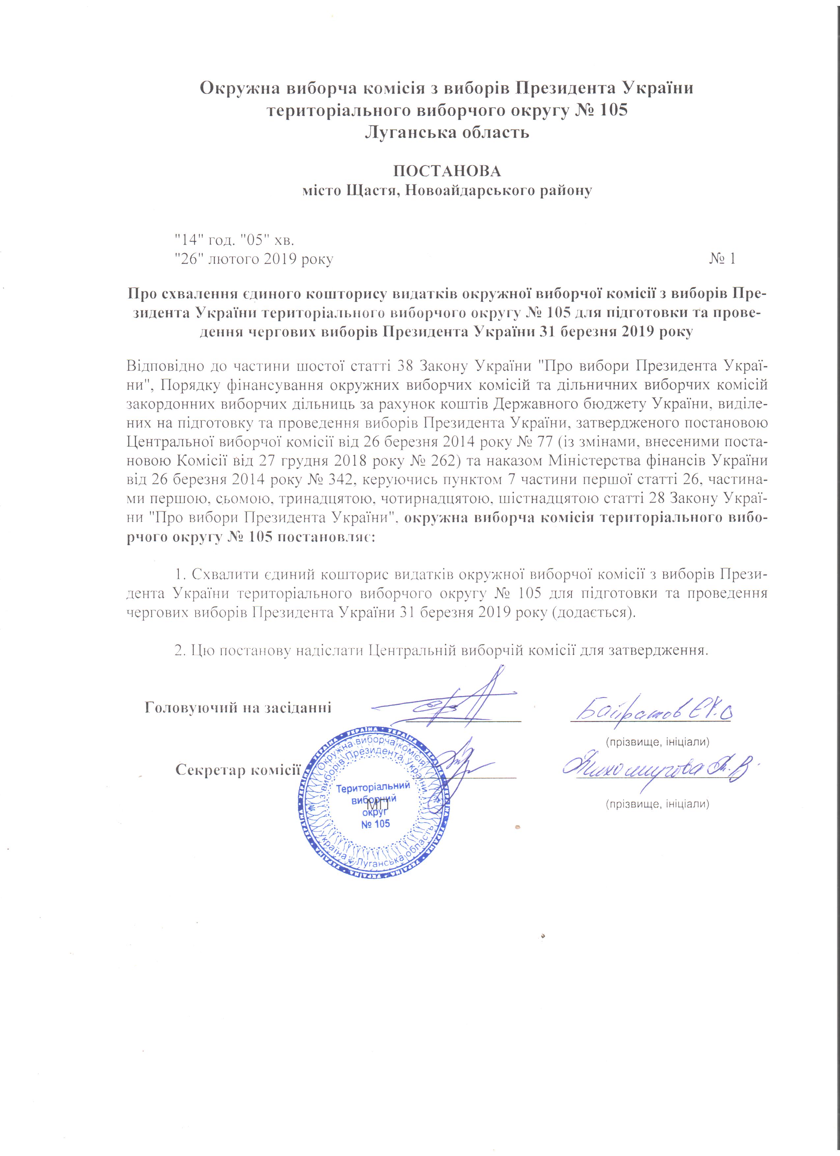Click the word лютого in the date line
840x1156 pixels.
coord(234,259)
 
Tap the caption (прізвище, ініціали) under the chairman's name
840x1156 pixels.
coord(657,741)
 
